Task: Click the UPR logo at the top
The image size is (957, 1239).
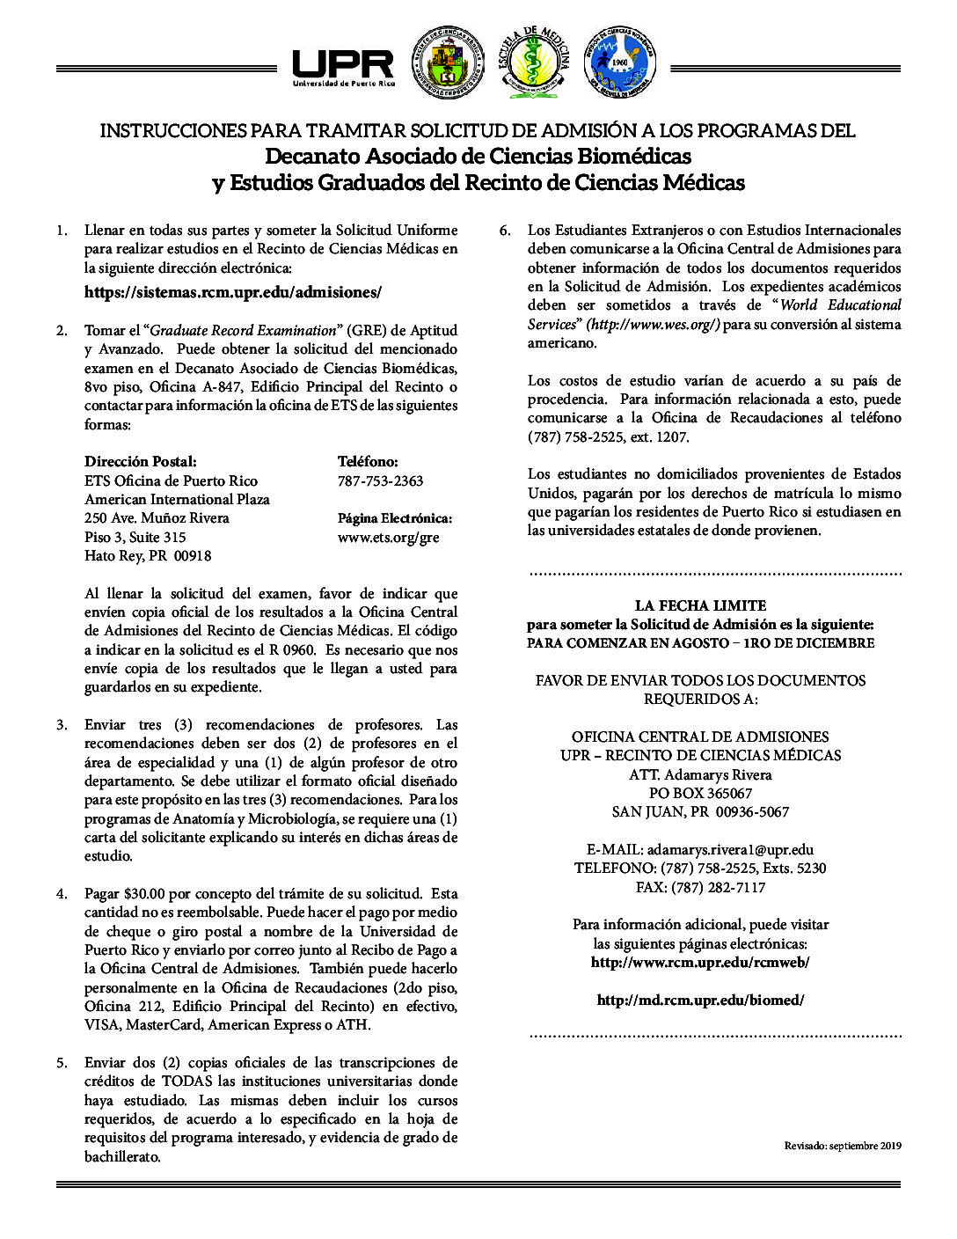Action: click(343, 66)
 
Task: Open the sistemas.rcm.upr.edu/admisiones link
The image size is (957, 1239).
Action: click(233, 291)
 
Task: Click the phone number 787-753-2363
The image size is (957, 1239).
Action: click(380, 480)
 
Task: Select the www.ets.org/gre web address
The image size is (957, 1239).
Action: click(388, 537)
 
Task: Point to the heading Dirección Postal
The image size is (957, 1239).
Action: click(140, 461)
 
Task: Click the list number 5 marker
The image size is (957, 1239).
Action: click(61, 1063)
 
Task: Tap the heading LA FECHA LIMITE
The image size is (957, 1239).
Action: click(700, 605)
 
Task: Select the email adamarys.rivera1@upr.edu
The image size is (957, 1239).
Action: click(729, 850)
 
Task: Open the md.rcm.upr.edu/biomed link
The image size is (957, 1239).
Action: click(700, 1001)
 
